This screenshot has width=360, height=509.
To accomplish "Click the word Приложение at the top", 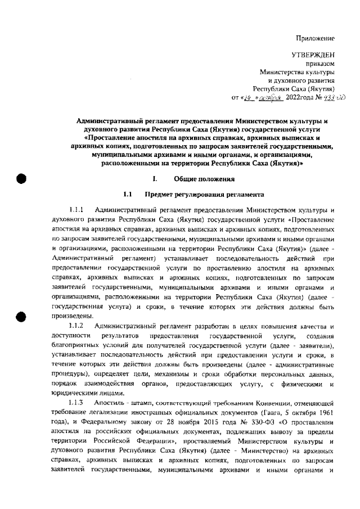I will pyautogui.click(x=316, y=38).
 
